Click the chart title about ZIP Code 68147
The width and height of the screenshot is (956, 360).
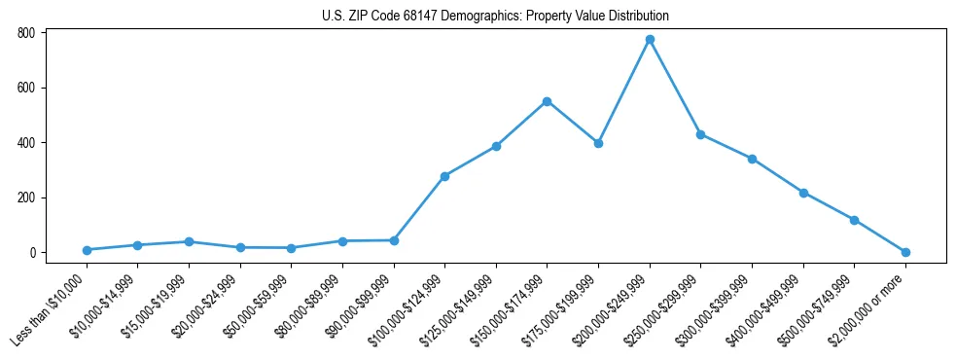tap(495, 17)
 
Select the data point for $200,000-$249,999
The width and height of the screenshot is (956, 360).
tap(650, 40)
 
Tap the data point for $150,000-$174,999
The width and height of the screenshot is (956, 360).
tap(548, 101)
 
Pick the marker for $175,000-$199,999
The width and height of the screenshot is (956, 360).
tap(598, 143)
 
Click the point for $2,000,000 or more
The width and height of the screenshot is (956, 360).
tap(905, 252)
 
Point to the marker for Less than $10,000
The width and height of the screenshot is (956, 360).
tap(87, 250)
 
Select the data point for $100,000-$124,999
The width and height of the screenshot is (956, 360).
tap(444, 176)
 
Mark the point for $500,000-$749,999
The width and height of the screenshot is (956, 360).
tap(854, 220)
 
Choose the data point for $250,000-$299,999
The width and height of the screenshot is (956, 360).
tap(700, 134)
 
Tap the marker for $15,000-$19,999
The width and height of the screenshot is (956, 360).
tap(189, 241)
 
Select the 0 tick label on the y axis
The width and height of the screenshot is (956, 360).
tap(33, 253)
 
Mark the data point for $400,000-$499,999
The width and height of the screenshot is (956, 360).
tap(803, 193)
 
